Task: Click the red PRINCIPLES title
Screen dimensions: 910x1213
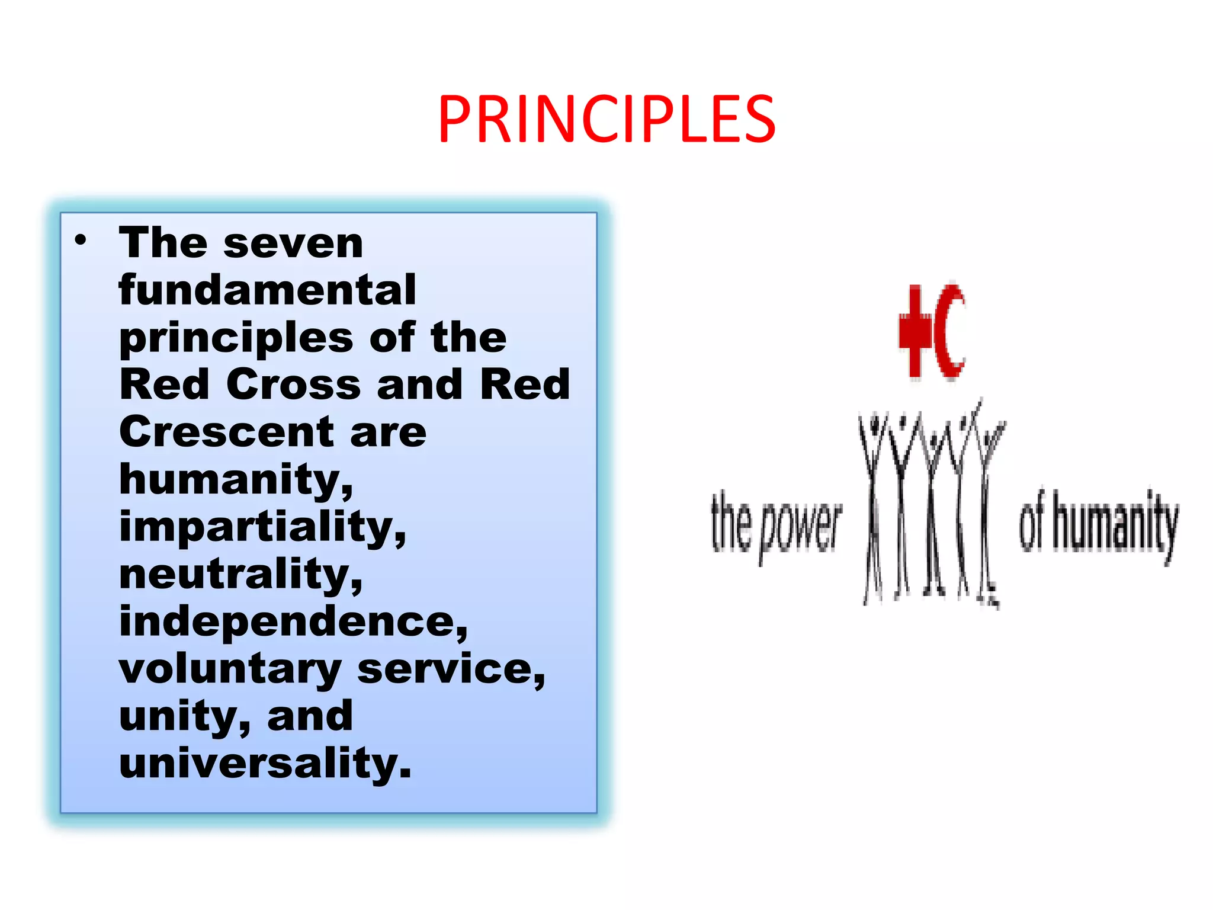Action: (606, 120)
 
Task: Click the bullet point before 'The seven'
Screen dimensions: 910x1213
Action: (81, 241)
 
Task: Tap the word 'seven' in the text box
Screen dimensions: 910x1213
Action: (293, 243)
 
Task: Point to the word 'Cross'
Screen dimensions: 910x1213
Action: (293, 384)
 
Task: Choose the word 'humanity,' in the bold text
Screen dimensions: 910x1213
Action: (236, 480)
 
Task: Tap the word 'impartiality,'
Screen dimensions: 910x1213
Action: (262, 527)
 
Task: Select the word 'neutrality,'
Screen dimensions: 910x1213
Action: (240, 574)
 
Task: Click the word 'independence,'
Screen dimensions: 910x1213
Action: (293, 621)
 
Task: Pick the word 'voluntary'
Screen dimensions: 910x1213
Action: (230, 669)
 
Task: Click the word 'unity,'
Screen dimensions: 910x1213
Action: (184, 717)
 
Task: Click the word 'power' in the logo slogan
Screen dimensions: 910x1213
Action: (801, 527)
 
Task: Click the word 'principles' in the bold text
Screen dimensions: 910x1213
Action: (236, 338)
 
